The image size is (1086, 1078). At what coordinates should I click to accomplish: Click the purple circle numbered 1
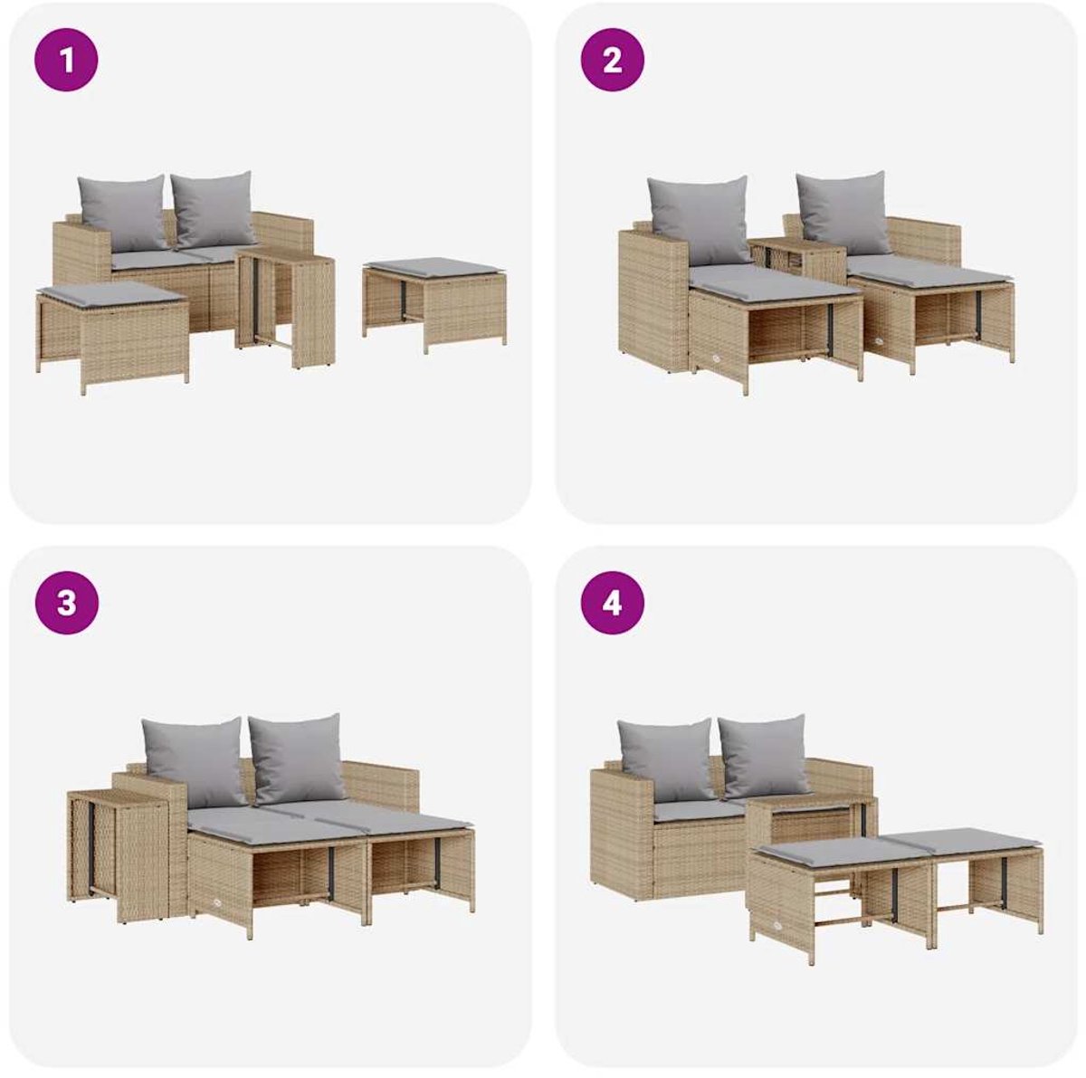(x=66, y=59)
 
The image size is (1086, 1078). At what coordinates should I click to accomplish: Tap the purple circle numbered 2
(x=613, y=59)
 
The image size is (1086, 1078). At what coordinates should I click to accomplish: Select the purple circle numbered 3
(x=66, y=603)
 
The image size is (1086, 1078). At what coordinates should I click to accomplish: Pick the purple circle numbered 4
(x=613, y=603)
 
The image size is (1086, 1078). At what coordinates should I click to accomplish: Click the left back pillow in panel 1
(x=123, y=213)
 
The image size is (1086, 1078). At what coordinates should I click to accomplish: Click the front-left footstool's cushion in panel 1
(x=112, y=293)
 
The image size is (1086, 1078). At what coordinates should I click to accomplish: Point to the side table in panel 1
(x=285, y=309)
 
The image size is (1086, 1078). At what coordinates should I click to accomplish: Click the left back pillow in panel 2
(x=699, y=219)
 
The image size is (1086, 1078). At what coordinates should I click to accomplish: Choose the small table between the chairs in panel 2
(x=797, y=260)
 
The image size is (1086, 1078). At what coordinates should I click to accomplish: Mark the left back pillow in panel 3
(x=194, y=761)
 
